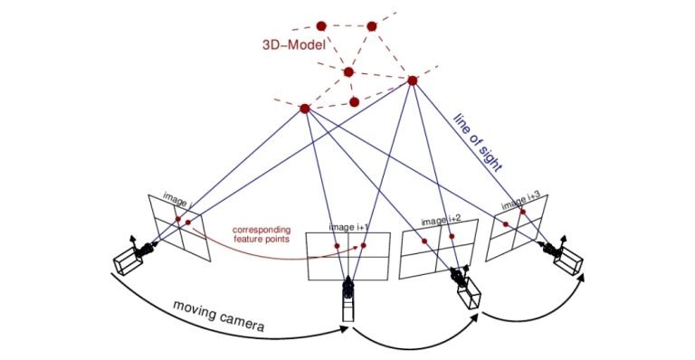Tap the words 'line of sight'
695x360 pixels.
(479, 140)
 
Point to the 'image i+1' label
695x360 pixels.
(348, 227)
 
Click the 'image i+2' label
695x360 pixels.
(441, 220)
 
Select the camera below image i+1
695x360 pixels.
(347, 298)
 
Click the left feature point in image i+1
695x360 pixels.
(336, 246)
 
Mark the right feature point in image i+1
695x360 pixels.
(364, 244)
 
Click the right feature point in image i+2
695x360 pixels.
(454, 237)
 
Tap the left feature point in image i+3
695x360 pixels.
(507, 223)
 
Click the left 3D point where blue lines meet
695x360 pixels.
(305, 109)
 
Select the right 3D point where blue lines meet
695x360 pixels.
(413, 81)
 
